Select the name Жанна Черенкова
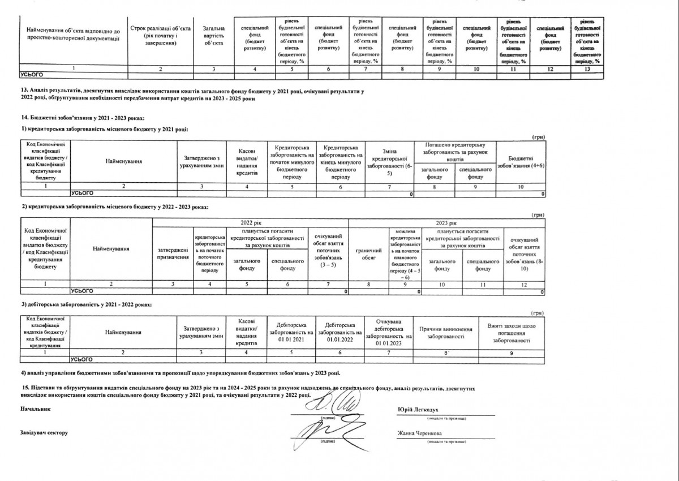point(419,433)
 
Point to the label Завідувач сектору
point(44,433)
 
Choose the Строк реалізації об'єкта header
point(160,35)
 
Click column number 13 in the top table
point(587,69)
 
